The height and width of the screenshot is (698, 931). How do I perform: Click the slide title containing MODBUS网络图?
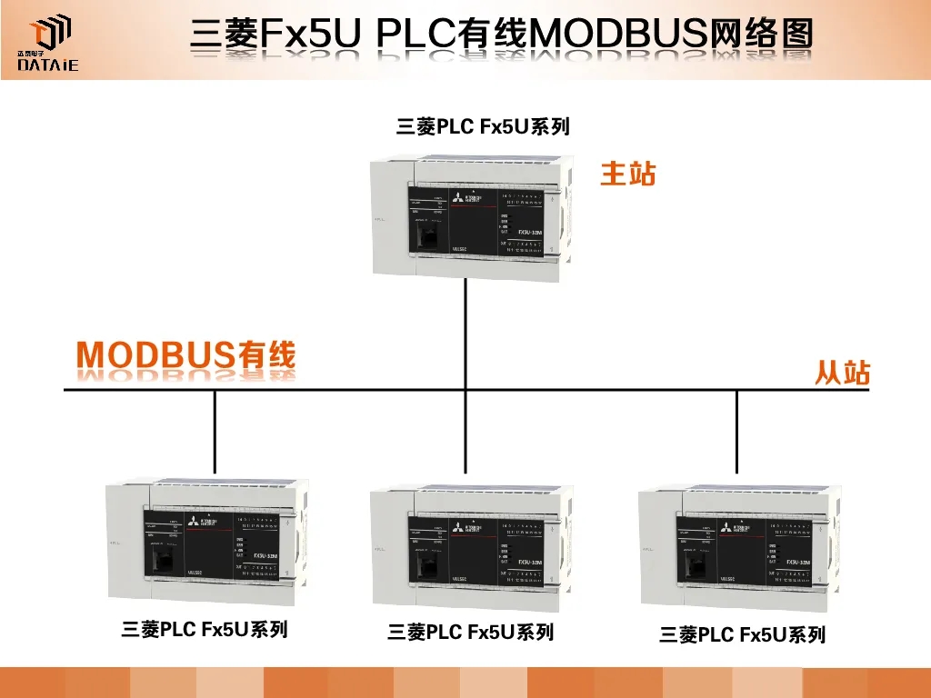(501, 35)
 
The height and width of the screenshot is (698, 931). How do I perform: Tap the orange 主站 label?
(627, 174)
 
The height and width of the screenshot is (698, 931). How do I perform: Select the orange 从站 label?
(842, 373)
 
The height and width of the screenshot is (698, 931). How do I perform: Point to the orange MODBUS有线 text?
(186, 356)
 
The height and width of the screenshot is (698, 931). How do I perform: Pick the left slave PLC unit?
(206, 542)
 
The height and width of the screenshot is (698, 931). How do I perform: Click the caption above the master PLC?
(483, 127)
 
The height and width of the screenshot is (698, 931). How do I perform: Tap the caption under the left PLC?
(205, 629)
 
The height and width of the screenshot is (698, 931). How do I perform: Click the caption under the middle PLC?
(470, 632)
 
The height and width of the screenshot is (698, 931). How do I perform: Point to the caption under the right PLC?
(742, 635)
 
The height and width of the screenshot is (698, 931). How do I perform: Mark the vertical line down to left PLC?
(215, 432)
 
